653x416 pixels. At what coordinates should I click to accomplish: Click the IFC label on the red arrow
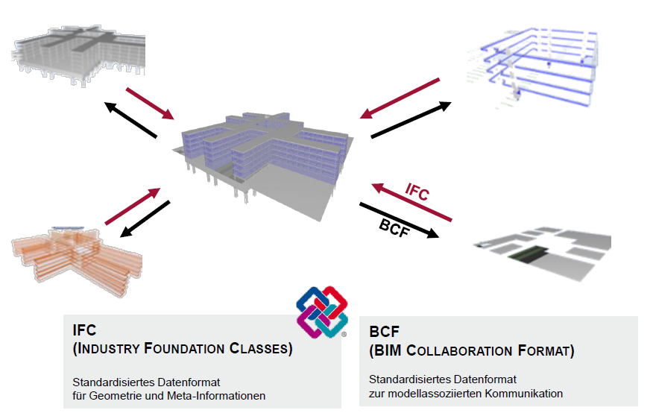click(x=417, y=192)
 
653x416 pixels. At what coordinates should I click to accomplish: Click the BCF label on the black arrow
click(x=394, y=229)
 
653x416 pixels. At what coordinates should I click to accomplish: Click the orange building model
click(x=78, y=253)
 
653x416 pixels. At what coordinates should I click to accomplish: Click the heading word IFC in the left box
click(x=84, y=330)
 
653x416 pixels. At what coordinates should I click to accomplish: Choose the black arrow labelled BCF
click(x=400, y=221)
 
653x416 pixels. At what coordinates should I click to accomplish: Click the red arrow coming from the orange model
click(x=133, y=207)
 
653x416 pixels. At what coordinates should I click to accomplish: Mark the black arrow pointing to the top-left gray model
click(x=131, y=120)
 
